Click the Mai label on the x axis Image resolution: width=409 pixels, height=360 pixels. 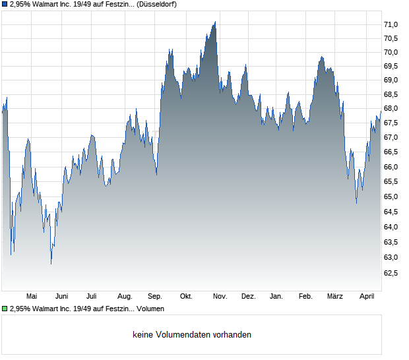[x=31, y=296]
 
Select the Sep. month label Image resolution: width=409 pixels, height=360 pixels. [x=155, y=296]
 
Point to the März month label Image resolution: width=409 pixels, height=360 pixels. [x=335, y=296]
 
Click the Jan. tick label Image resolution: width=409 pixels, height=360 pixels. [x=276, y=296]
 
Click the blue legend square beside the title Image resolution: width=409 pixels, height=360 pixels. [x=5, y=4]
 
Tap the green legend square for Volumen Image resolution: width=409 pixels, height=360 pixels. [x=5, y=309]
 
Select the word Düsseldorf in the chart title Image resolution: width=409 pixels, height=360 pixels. [x=157, y=4]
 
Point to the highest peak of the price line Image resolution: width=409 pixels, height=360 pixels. [x=215, y=22]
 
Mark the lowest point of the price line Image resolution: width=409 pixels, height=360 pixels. [x=51, y=264]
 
